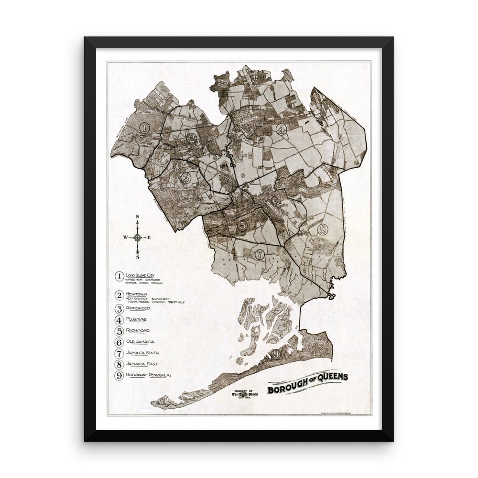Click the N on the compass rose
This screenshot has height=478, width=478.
(x=138, y=217)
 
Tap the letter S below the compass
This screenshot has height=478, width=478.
(x=138, y=257)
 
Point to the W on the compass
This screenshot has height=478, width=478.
(x=125, y=237)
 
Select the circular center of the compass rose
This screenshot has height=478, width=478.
(x=138, y=237)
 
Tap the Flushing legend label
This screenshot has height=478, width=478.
(x=140, y=319)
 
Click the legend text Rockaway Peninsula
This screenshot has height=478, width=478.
(x=148, y=375)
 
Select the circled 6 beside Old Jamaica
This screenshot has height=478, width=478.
(x=119, y=342)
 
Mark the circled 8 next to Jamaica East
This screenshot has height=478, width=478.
(x=119, y=364)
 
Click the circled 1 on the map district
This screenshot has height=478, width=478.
(x=146, y=128)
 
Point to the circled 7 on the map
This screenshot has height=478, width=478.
(x=260, y=254)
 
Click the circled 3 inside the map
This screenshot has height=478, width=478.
(x=186, y=179)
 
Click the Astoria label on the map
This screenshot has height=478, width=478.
(x=144, y=113)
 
